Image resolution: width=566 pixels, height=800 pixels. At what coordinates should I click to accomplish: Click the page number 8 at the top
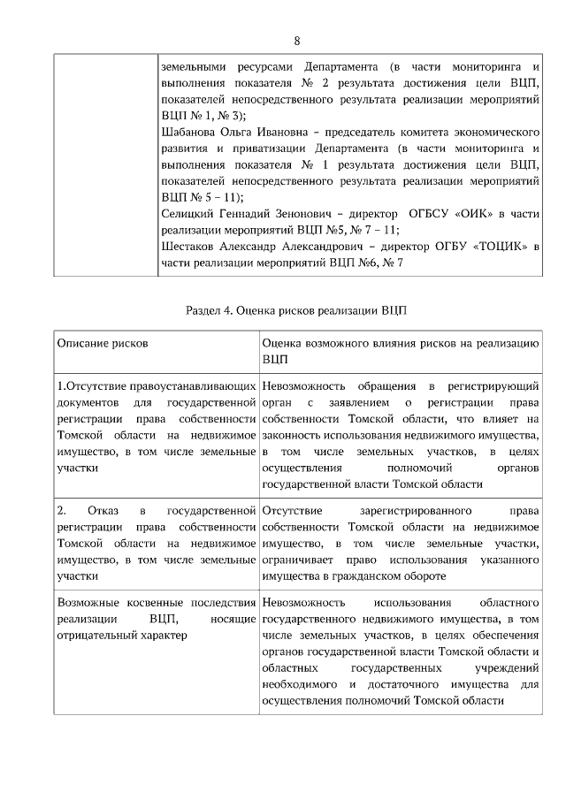[x=297, y=41]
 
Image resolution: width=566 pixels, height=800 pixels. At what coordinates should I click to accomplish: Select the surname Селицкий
[x=187, y=213]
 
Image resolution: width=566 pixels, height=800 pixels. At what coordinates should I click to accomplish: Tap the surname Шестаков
[x=187, y=246]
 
